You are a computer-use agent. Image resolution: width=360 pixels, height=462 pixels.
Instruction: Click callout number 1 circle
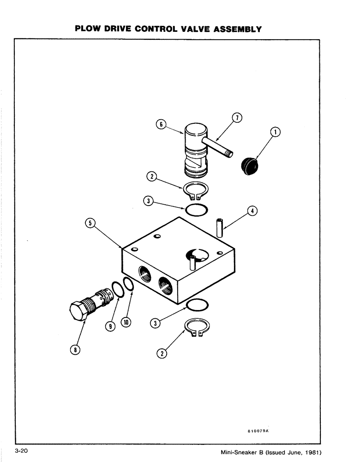tap(276, 133)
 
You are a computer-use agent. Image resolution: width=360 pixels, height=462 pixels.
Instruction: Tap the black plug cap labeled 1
tap(250, 166)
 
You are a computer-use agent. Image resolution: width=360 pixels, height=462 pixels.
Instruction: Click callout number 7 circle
tap(236, 118)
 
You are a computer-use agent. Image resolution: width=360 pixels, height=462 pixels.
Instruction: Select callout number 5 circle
tap(91, 223)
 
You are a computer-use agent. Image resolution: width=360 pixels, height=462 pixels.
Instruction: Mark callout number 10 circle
tap(126, 322)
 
